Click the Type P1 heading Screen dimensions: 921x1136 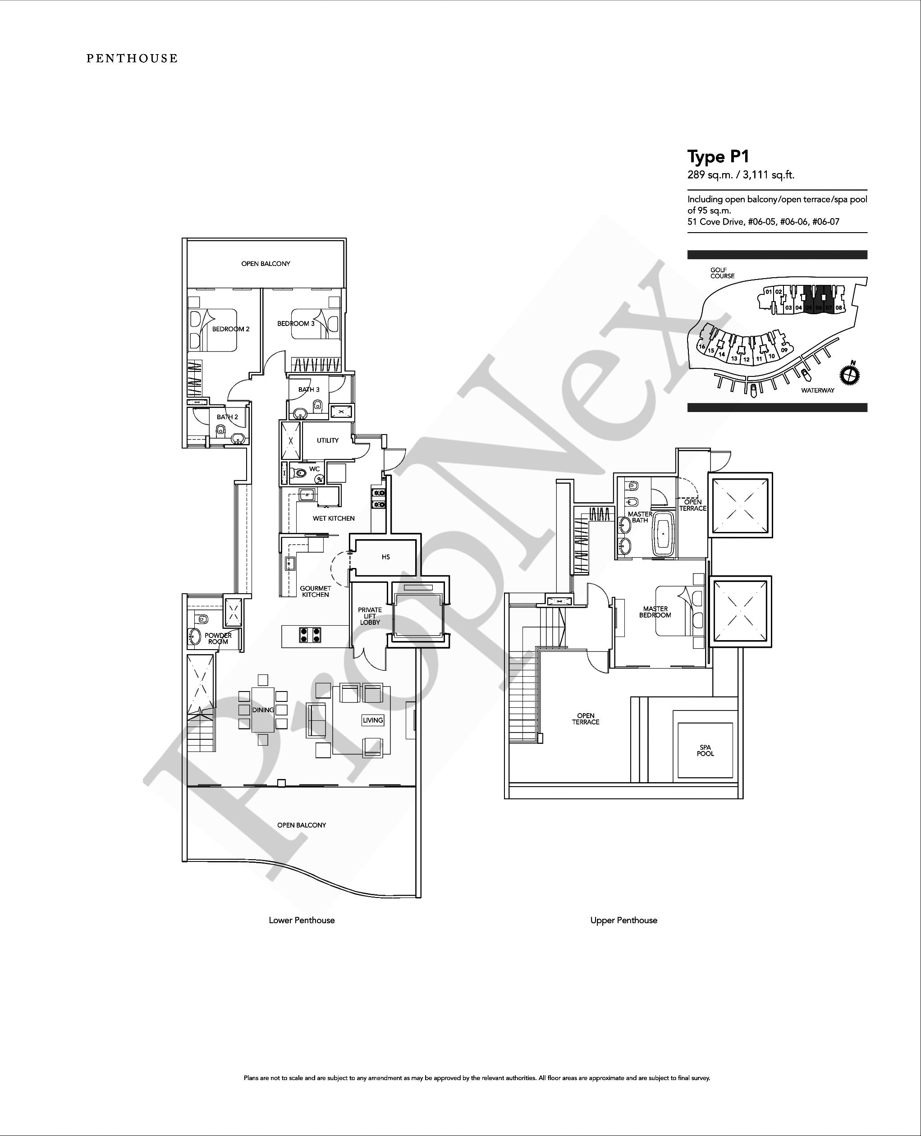(718, 157)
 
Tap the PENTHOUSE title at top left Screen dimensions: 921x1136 (132, 58)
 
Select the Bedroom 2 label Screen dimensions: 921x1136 (231, 329)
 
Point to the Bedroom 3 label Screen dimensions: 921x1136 (296, 324)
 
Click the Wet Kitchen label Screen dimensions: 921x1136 (334, 518)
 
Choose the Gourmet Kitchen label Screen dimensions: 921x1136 (316, 591)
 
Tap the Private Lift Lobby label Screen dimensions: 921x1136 (370, 616)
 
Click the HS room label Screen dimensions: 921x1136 (386, 557)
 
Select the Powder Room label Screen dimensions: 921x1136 (218, 639)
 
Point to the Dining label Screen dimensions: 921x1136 (263, 710)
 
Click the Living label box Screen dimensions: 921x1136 (373, 720)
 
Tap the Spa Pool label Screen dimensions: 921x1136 (706, 750)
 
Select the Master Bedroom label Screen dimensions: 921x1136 (655, 612)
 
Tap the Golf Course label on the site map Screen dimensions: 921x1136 (723, 273)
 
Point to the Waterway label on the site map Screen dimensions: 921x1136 (818, 390)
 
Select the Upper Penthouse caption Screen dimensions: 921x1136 (624, 921)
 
